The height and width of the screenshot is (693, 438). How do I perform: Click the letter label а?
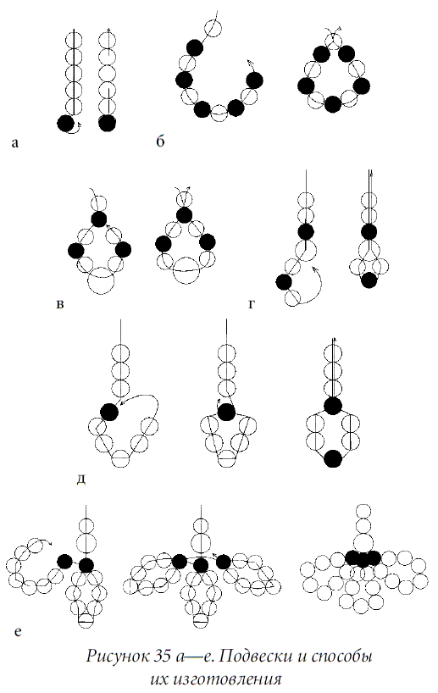(x=15, y=143)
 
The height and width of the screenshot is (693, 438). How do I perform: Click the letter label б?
(x=160, y=141)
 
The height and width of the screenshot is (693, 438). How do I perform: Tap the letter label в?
(x=60, y=304)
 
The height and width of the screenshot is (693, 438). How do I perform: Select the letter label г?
(x=252, y=304)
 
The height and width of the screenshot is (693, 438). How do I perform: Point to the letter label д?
(x=80, y=480)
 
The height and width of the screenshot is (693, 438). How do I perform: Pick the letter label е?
(x=18, y=632)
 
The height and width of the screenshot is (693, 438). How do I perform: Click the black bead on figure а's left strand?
(x=66, y=123)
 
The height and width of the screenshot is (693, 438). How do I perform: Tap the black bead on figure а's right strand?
(x=107, y=123)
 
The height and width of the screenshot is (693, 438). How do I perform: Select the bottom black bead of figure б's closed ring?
(x=333, y=104)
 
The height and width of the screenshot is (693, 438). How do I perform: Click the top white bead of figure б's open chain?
(x=213, y=29)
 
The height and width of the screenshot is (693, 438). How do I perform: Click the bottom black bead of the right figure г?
(x=369, y=280)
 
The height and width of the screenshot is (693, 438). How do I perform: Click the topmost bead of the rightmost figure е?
(x=363, y=511)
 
